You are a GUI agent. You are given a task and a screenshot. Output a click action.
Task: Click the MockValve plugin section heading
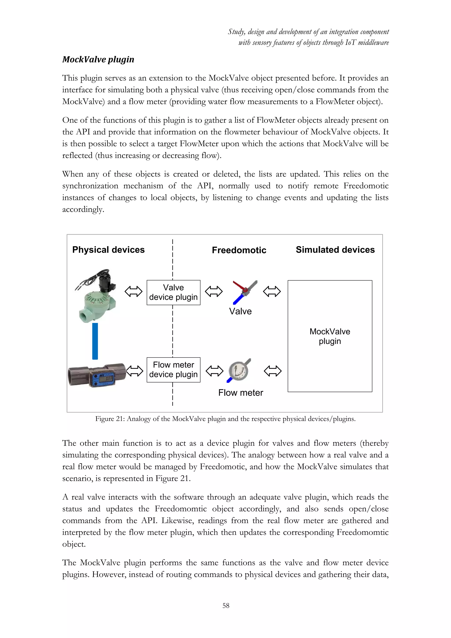(x=98, y=59)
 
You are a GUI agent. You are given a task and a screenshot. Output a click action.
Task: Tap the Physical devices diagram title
(x=108, y=250)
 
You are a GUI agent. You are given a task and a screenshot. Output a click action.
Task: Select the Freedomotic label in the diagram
(x=239, y=250)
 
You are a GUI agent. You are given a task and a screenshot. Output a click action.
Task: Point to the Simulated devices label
(x=335, y=250)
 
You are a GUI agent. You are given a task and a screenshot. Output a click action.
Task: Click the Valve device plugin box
(x=173, y=292)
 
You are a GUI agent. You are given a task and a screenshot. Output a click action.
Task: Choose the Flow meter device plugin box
(x=173, y=370)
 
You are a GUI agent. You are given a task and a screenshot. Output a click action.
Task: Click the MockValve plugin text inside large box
(x=330, y=336)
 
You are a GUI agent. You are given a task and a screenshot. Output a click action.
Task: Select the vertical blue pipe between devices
(x=95, y=341)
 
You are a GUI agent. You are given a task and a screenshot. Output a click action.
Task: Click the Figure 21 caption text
(x=225, y=419)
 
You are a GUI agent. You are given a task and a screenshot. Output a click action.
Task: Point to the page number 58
(x=226, y=605)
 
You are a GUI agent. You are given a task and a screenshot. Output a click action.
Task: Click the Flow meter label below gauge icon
(x=240, y=393)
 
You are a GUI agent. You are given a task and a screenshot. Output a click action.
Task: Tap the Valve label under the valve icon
(x=240, y=311)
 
